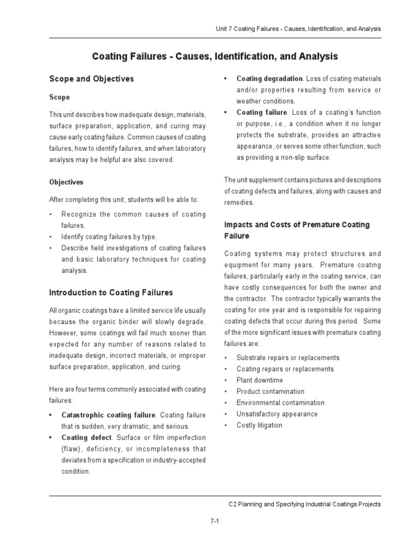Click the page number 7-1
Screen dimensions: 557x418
pos(214,521)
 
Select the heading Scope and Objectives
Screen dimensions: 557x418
pos(91,79)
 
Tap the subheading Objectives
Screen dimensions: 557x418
pos(66,182)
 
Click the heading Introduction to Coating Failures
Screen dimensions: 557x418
pos(110,293)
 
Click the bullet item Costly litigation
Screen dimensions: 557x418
pos(259,425)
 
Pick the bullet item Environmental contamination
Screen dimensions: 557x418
pos(280,403)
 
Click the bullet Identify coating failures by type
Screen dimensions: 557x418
pos(108,237)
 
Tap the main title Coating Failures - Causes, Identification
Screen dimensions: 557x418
pos(214,57)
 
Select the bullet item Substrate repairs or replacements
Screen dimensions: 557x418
pos(287,358)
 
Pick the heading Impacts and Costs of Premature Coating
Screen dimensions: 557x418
pos(297,225)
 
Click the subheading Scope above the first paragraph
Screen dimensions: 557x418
pos(59,97)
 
